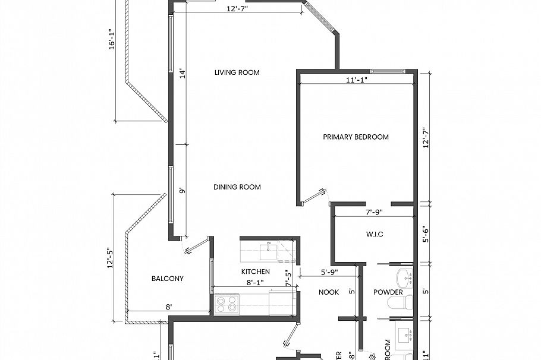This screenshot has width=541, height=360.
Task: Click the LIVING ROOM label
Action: (x=237, y=72)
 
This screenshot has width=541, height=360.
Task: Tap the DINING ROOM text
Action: (x=237, y=187)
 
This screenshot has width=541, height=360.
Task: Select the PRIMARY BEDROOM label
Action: (x=356, y=137)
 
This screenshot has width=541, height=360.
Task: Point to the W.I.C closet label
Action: (x=373, y=234)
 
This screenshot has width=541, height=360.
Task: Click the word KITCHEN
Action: (x=255, y=271)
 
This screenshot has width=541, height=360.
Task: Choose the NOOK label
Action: (x=328, y=292)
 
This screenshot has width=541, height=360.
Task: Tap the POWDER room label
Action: (x=388, y=292)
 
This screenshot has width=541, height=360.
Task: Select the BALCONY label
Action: (x=167, y=279)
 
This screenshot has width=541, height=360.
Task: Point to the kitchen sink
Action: (x=269, y=251)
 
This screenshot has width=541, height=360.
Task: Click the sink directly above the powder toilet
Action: (x=404, y=277)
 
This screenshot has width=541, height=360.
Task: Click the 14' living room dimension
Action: (x=183, y=74)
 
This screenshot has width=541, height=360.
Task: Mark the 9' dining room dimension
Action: (x=183, y=191)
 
